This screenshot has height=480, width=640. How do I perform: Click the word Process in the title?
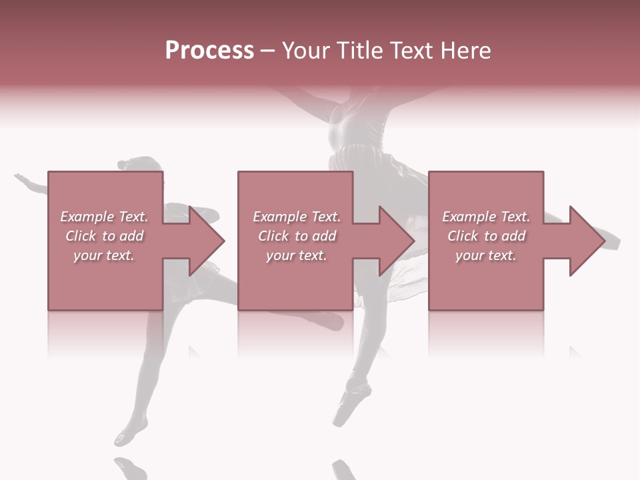point(209,51)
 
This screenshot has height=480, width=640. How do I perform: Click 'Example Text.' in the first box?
point(104,217)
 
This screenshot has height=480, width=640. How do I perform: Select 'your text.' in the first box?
point(104,255)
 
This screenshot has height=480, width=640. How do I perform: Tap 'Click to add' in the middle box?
point(297,236)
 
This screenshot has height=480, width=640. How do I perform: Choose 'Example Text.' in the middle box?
point(297,217)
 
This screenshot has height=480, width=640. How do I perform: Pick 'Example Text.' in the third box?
point(486,217)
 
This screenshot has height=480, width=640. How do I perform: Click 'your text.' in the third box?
point(486,255)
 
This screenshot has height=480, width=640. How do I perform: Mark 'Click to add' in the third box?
point(486,236)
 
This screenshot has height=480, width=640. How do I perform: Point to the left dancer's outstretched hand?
point(21,178)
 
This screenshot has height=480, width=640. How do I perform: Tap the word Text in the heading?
point(410,51)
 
